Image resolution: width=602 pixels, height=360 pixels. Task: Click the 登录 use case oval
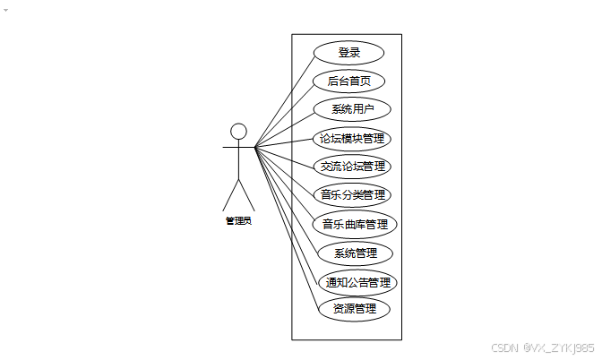click(349, 53)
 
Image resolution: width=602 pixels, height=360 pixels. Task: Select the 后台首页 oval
click(349, 81)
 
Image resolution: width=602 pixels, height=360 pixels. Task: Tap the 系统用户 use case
click(353, 109)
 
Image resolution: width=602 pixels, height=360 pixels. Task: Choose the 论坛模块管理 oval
click(353, 139)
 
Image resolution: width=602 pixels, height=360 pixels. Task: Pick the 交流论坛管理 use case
click(353, 167)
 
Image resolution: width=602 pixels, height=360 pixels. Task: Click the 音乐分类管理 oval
click(354, 194)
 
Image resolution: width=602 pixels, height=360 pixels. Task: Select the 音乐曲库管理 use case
click(355, 223)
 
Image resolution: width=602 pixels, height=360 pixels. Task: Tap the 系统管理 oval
click(355, 253)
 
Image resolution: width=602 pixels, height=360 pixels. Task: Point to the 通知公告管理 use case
click(357, 283)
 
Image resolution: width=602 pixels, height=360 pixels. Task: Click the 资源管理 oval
click(355, 309)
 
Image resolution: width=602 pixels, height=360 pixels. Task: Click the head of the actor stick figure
click(238, 132)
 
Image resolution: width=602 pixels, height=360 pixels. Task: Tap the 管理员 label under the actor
click(238, 220)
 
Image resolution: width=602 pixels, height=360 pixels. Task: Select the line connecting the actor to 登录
click(285, 99)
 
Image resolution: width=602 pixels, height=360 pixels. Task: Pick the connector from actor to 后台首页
click(285, 113)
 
